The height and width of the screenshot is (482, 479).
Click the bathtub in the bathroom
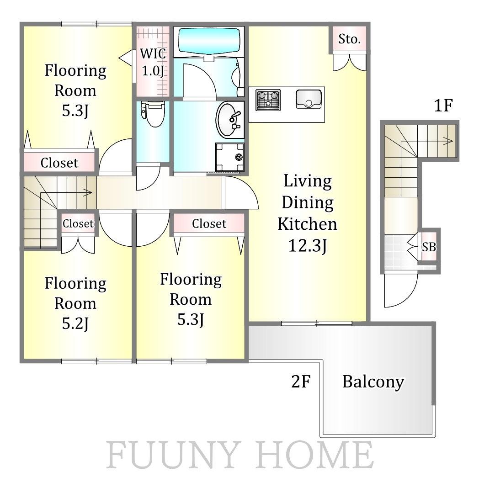tap(209, 41)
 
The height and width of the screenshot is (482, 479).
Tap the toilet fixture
tap(153, 114)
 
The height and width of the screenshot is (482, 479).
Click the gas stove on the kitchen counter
tap(268, 100)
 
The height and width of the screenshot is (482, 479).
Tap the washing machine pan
tap(230, 157)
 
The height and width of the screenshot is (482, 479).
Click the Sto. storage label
tap(349, 39)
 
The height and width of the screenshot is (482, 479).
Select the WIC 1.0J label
tap(153, 62)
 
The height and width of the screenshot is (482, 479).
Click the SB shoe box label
tap(429, 247)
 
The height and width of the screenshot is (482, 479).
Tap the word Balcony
tap(373, 382)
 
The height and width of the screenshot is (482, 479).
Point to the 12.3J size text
tap(308, 246)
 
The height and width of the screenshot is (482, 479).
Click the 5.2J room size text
tap(75, 323)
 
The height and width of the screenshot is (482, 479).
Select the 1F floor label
tap(443, 106)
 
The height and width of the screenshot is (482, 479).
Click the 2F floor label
tap(301, 381)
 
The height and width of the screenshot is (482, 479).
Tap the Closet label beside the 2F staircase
tap(78, 223)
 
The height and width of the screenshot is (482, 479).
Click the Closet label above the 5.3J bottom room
tap(209, 223)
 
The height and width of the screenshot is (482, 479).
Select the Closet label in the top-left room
tap(59, 163)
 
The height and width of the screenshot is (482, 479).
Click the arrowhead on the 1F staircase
tap(449, 141)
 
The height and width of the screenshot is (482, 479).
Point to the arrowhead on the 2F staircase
tap(88, 193)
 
